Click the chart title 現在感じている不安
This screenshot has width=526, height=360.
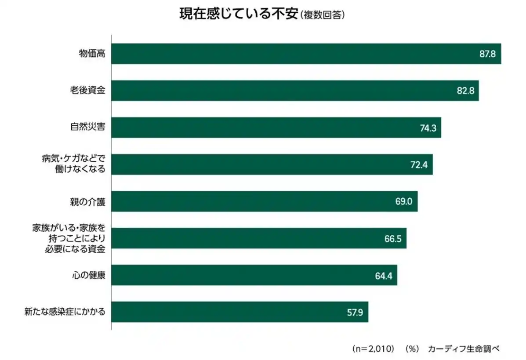point(239,14)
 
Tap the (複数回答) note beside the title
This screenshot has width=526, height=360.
point(323,15)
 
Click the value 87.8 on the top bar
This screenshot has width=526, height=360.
point(487,54)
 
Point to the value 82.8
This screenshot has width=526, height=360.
point(465,91)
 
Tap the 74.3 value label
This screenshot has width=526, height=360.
point(428,128)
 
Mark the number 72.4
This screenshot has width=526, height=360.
point(419,165)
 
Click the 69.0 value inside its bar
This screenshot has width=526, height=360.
point(404,202)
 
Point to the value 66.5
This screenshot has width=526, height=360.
point(393,239)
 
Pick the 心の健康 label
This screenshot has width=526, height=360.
point(89,275)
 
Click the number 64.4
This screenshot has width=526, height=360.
point(383,276)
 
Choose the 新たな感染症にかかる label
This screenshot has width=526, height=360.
point(65,312)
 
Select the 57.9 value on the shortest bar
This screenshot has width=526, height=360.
point(355,313)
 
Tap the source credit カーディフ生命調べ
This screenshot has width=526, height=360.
point(464,348)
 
